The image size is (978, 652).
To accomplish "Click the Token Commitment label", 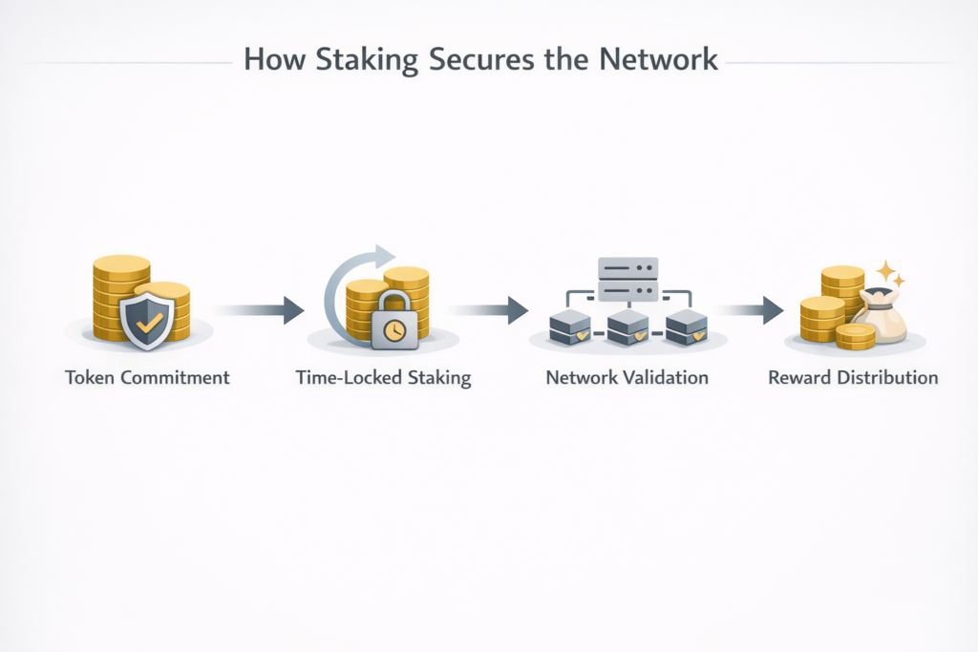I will tap(147, 377).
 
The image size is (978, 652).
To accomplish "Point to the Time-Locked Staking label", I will tap(384, 377).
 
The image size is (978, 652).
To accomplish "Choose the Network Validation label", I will tap(627, 377).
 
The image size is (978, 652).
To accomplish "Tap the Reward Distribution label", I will tap(853, 377).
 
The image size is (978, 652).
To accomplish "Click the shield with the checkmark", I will tap(146, 320).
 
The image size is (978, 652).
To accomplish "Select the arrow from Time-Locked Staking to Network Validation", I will tap(490, 309).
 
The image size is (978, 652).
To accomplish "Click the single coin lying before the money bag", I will tap(855, 335).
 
